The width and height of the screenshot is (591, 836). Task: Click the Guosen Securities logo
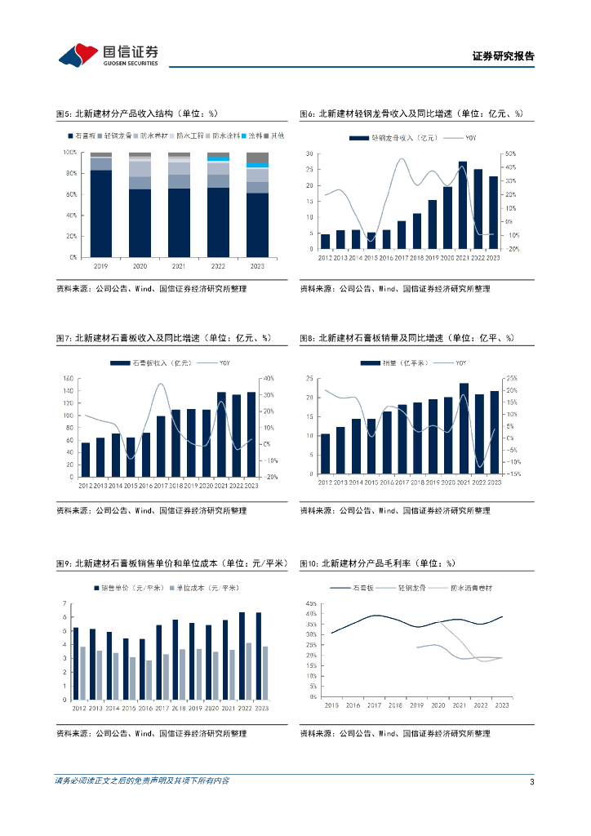pyautogui.click(x=108, y=55)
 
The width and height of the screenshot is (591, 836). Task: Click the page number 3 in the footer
pyautogui.click(x=531, y=782)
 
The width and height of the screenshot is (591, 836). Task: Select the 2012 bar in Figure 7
pyautogui.click(x=86, y=460)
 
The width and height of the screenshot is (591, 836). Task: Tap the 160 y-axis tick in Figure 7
pyautogui.click(x=68, y=378)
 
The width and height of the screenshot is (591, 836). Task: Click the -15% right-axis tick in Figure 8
pyautogui.click(x=514, y=474)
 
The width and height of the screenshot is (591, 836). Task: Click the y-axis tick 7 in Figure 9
pyautogui.click(x=64, y=603)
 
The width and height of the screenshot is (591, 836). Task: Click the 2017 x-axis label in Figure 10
pyautogui.click(x=375, y=705)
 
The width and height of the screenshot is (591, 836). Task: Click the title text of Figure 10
pyautogui.click(x=377, y=563)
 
